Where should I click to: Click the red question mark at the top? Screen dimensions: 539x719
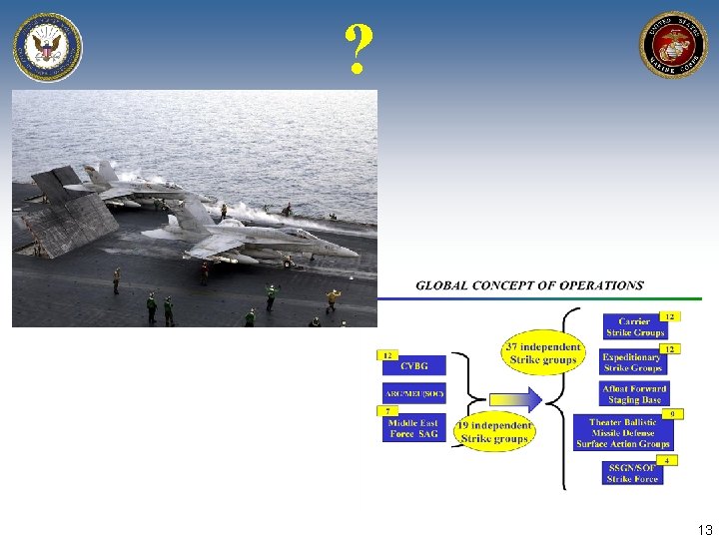coord(359,50)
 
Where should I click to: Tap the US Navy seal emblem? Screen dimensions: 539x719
coord(47,47)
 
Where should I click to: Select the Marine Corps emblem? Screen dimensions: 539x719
coord(672,45)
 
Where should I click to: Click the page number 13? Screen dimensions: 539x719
coord(704,530)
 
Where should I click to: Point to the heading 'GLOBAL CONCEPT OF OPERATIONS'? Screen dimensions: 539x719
coord(529,285)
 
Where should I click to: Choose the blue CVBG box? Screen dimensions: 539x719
coord(413,366)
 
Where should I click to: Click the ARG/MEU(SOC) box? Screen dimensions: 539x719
coord(413,393)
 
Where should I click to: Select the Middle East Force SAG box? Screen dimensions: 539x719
coord(413,429)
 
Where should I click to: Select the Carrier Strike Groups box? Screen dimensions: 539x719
coord(634,327)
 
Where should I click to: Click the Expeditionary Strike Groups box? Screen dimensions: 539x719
coord(633,361)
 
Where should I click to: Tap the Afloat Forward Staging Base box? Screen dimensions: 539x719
coord(634,393)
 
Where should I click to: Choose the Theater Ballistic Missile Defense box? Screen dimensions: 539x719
coord(623,433)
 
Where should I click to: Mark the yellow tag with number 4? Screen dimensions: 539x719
coord(668,460)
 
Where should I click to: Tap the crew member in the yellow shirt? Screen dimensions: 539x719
coord(333,298)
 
